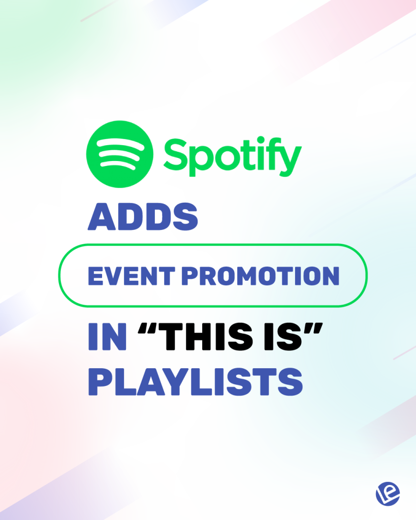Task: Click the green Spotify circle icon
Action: [120, 154]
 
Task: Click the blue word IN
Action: [107, 338]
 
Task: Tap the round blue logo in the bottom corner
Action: [388, 493]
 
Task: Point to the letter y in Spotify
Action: [291, 158]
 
